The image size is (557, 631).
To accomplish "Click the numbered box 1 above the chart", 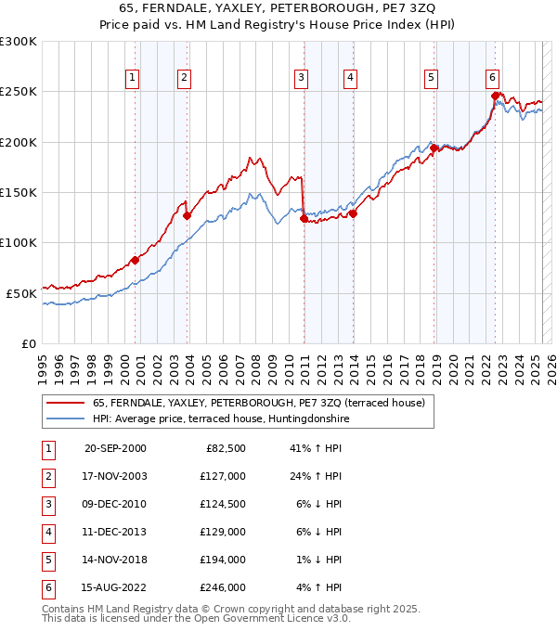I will [x=134, y=79].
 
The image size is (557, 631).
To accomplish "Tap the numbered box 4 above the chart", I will [x=350, y=79].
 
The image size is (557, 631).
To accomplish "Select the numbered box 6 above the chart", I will [x=492, y=79].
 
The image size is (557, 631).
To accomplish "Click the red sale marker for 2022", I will [x=496, y=95].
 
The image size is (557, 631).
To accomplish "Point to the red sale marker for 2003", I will [x=187, y=216].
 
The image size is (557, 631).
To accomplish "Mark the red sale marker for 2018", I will [x=434, y=148].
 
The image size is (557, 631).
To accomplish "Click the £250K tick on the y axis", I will [x=19, y=92].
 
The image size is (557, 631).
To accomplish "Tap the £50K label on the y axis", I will [x=21, y=292].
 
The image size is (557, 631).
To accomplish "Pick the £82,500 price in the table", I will [x=224, y=448].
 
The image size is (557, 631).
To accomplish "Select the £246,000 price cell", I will [x=224, y=587].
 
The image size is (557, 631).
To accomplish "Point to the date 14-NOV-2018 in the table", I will [x=115, y=560].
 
